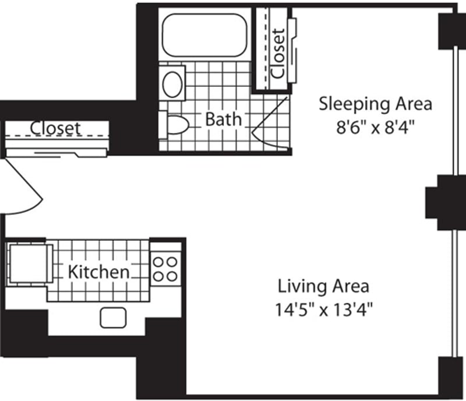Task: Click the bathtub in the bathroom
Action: [204, 36]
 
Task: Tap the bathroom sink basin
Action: [173, 84]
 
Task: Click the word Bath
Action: [223, 120]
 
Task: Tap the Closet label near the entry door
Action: [56, 128]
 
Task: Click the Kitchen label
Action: [98, 272]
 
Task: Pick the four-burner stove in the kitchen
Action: [165, 269]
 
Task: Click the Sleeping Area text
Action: [375, 104]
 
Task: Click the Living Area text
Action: [323, 286]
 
